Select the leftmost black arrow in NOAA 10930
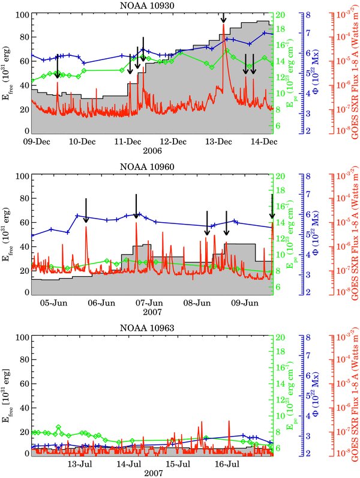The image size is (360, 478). point(57,66)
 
